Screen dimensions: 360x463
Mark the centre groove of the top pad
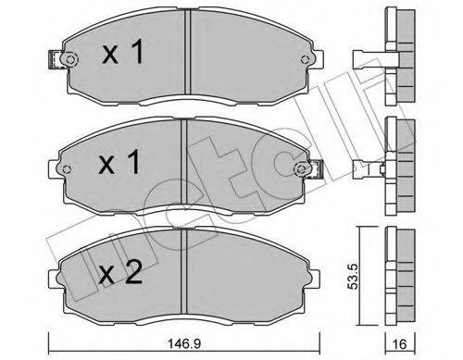(188, 56)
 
